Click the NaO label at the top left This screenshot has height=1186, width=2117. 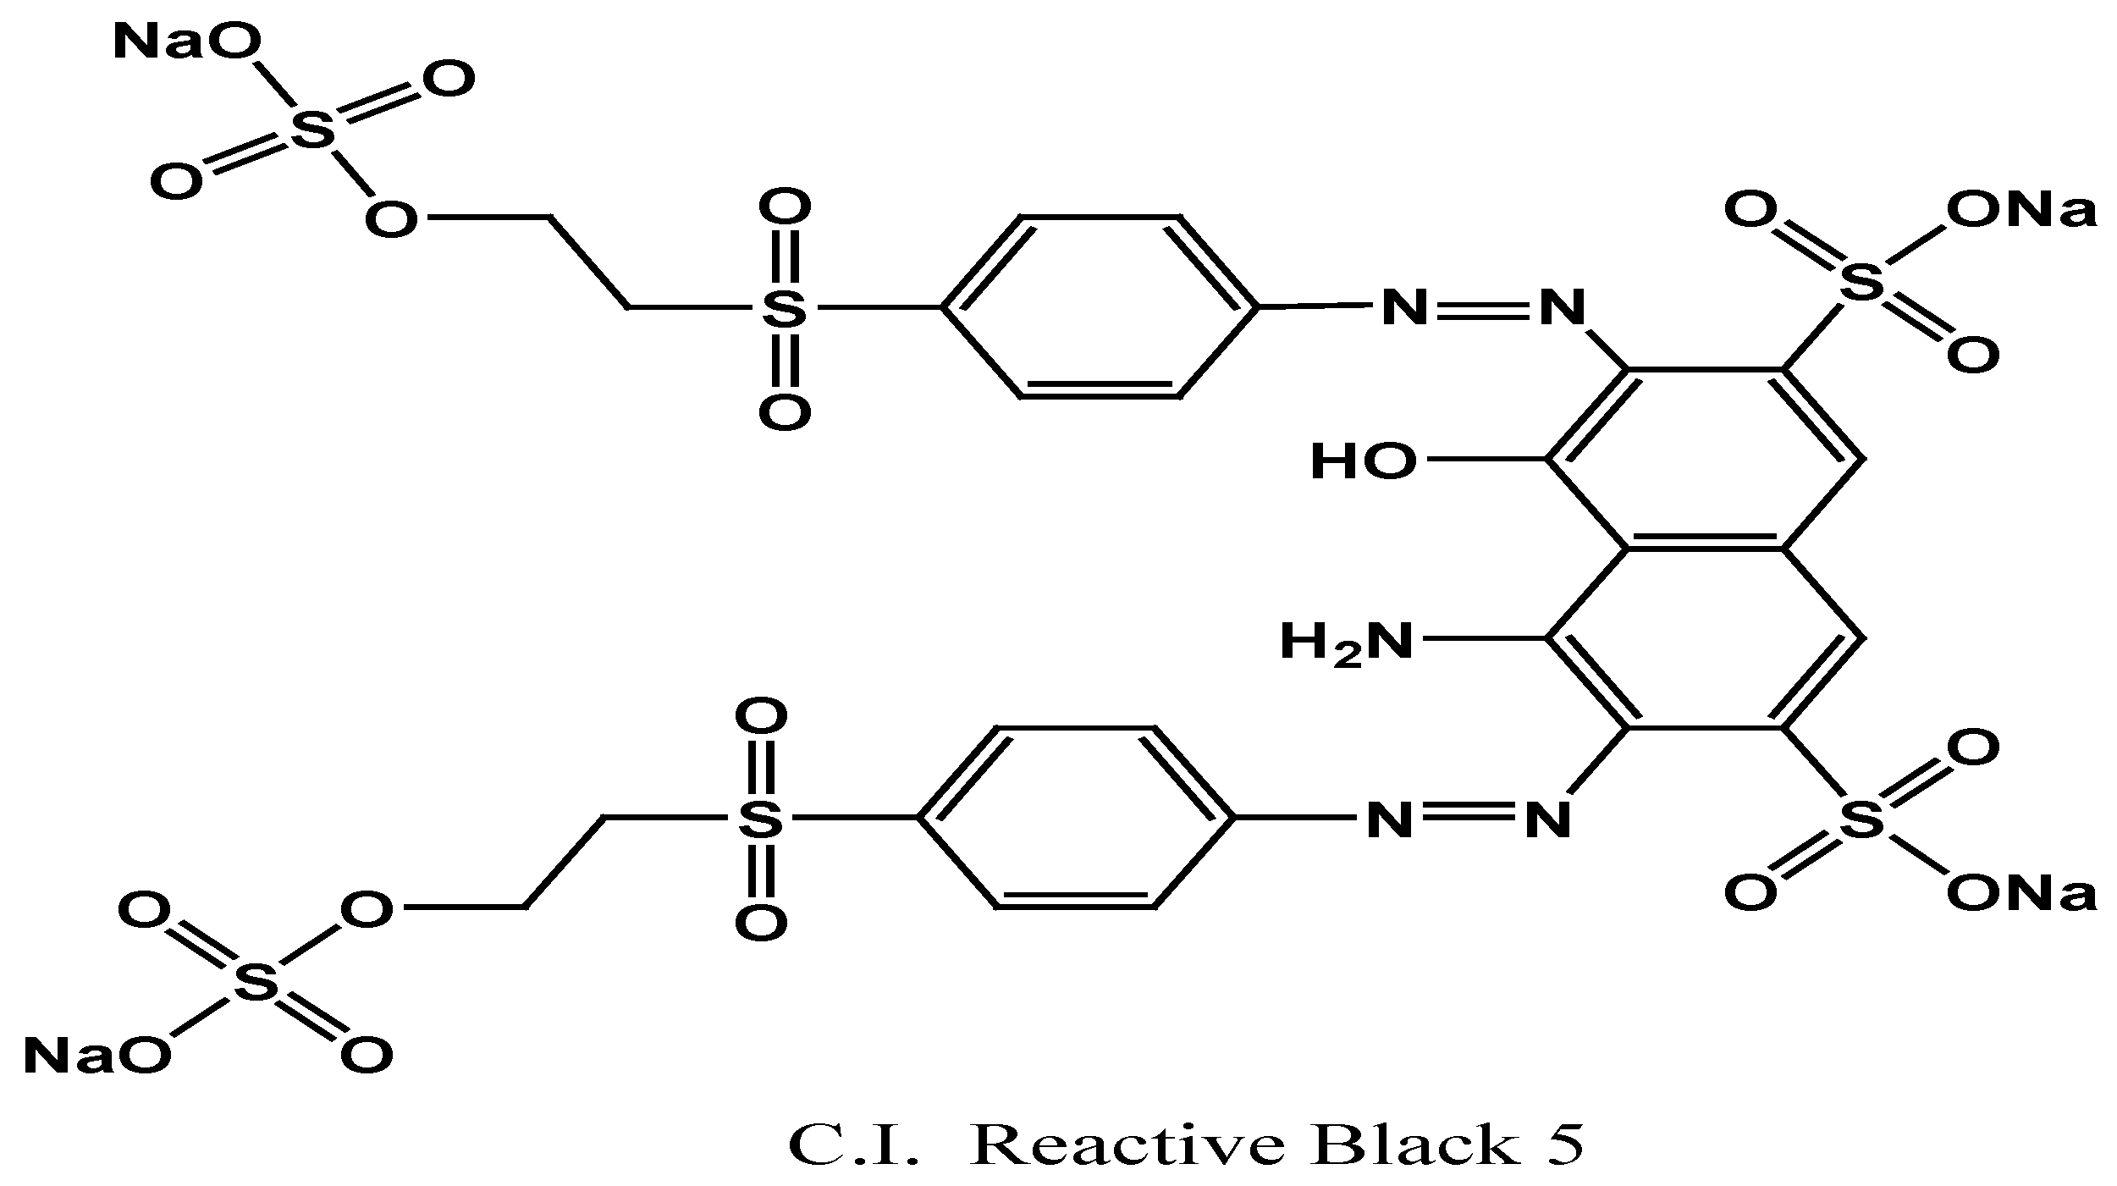tap(187, 42)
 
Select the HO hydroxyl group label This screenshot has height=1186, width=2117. tap(1363, 462)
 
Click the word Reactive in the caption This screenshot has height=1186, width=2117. tap(1133, 1146)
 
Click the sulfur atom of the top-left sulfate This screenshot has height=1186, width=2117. tap(312, 132)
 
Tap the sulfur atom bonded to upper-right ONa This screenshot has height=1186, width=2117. tap(1862, 282)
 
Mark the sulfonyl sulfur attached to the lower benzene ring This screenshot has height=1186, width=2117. tap(760, 819)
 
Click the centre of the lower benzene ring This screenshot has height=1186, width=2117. tap(1075, 818)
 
